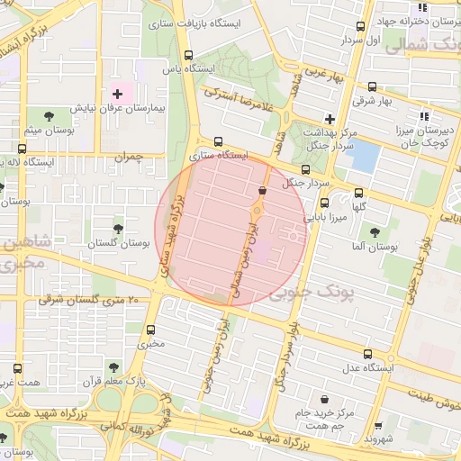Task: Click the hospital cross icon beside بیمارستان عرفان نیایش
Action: [117, 94]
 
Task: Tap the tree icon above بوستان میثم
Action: [47, 116]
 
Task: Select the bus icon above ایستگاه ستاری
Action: [218, 141]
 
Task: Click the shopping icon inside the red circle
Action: [262, 191]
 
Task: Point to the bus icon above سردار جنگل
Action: [305, 168]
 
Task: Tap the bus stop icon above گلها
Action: [359, 193]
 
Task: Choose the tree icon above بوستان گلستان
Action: [118, 229]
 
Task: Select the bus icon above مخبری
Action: [150, 330]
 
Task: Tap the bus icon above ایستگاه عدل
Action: [366, 354]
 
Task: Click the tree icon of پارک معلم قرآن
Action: [113, 367]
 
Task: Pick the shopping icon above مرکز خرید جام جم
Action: [323, 399]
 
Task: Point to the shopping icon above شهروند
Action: [377, 426]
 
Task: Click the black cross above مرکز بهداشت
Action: [330, 119]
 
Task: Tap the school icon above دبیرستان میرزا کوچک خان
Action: [423, 115]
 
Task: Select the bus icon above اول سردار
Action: [361, 27]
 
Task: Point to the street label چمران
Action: [129, 157]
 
